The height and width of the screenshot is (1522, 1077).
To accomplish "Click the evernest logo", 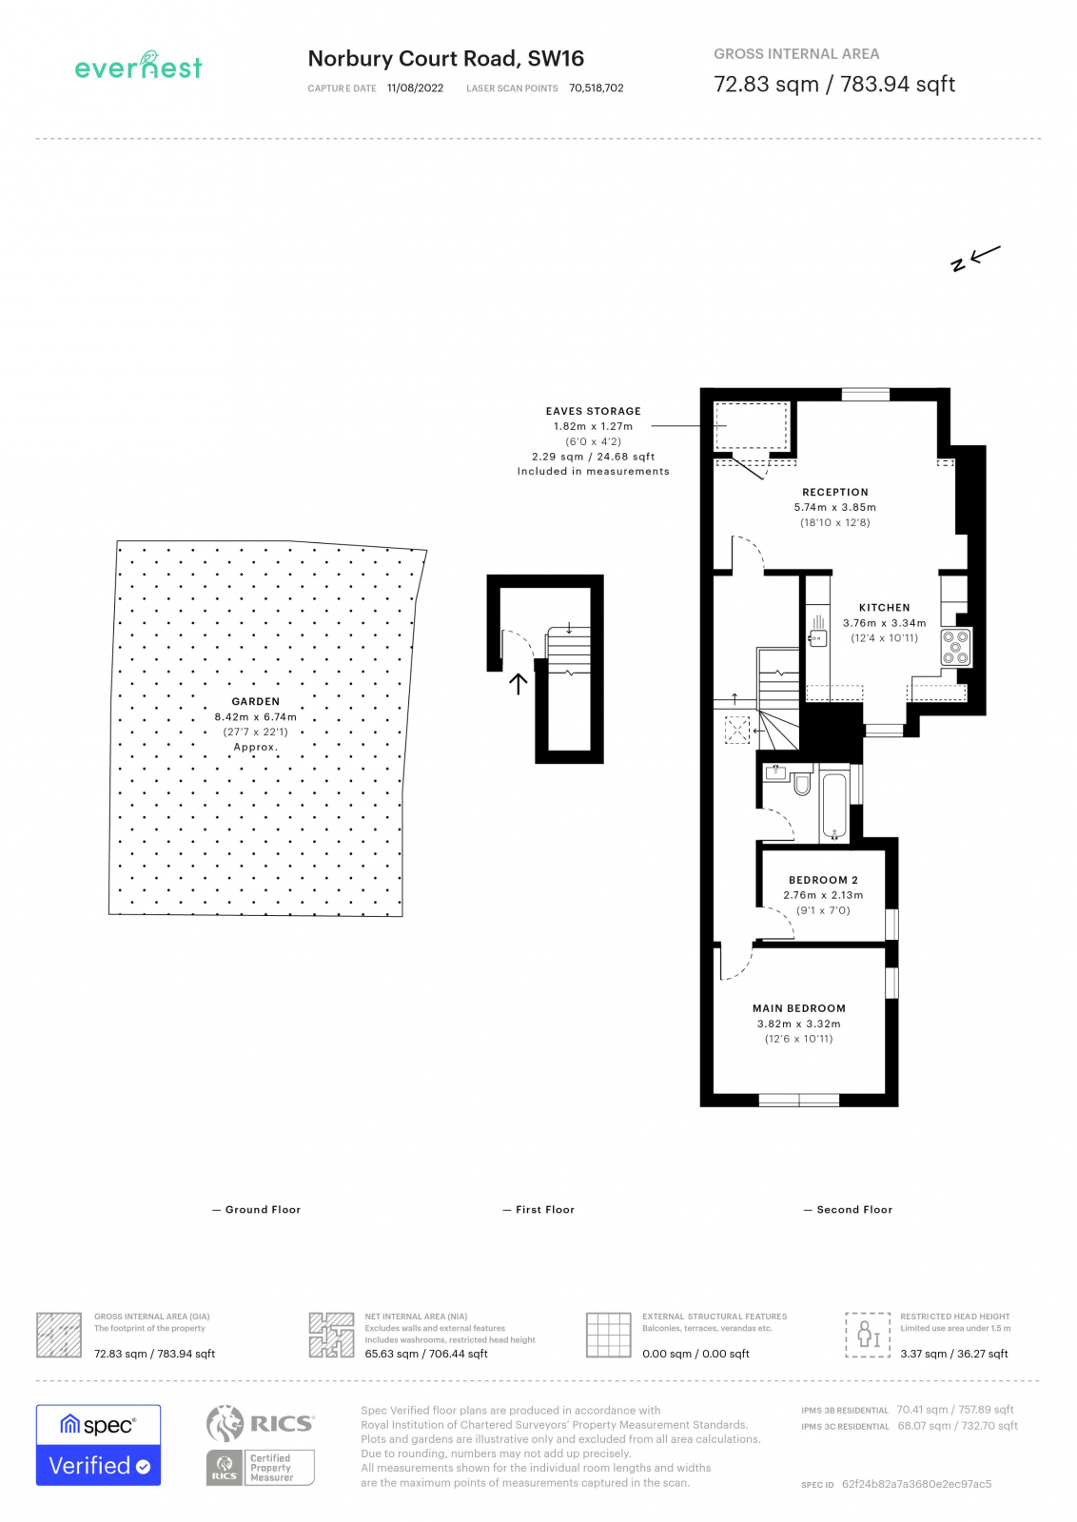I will [x=139, y=67].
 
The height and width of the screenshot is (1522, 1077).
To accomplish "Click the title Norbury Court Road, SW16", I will [x=445, y=59].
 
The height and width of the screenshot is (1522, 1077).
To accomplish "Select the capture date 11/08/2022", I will [x=415, y=88].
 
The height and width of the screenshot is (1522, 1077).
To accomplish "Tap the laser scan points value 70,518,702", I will [x=596, y=88].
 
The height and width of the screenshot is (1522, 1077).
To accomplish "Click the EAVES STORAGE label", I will [x=593, y=411].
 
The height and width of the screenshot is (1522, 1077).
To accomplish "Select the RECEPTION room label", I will [x=834, y=493].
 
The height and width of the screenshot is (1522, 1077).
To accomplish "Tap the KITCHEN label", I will [x=884, y=608].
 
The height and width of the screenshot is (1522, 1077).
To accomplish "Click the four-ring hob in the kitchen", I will [x=955, y=647].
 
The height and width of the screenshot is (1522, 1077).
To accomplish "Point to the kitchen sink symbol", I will [x=817, y=638].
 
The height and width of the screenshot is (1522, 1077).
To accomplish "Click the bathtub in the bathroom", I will [x=833, y=806].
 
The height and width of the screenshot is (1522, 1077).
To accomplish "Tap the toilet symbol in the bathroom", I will [x=802, y=783].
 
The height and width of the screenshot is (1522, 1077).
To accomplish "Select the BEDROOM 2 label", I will [x=823, y=880].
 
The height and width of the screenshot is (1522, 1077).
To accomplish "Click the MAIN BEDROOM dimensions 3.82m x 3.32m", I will [x=798, y=1024].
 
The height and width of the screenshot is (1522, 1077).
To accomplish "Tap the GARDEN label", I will [x=255, y=701].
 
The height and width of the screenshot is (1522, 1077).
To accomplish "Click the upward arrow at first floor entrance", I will [x=519, y=684].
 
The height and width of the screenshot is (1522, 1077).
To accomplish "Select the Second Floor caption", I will [x=853, y=1210].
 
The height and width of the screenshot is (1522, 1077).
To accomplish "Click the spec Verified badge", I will [x=98, y=1444].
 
